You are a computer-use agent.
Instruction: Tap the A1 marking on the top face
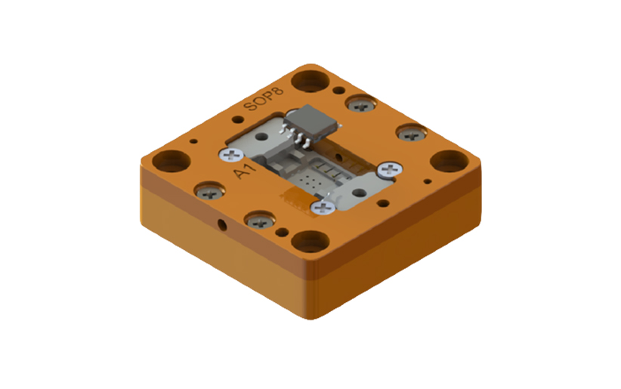pos(243,172)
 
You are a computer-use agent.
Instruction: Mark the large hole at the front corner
pos(310,242)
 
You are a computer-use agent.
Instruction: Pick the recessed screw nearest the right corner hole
pos(412,134)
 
